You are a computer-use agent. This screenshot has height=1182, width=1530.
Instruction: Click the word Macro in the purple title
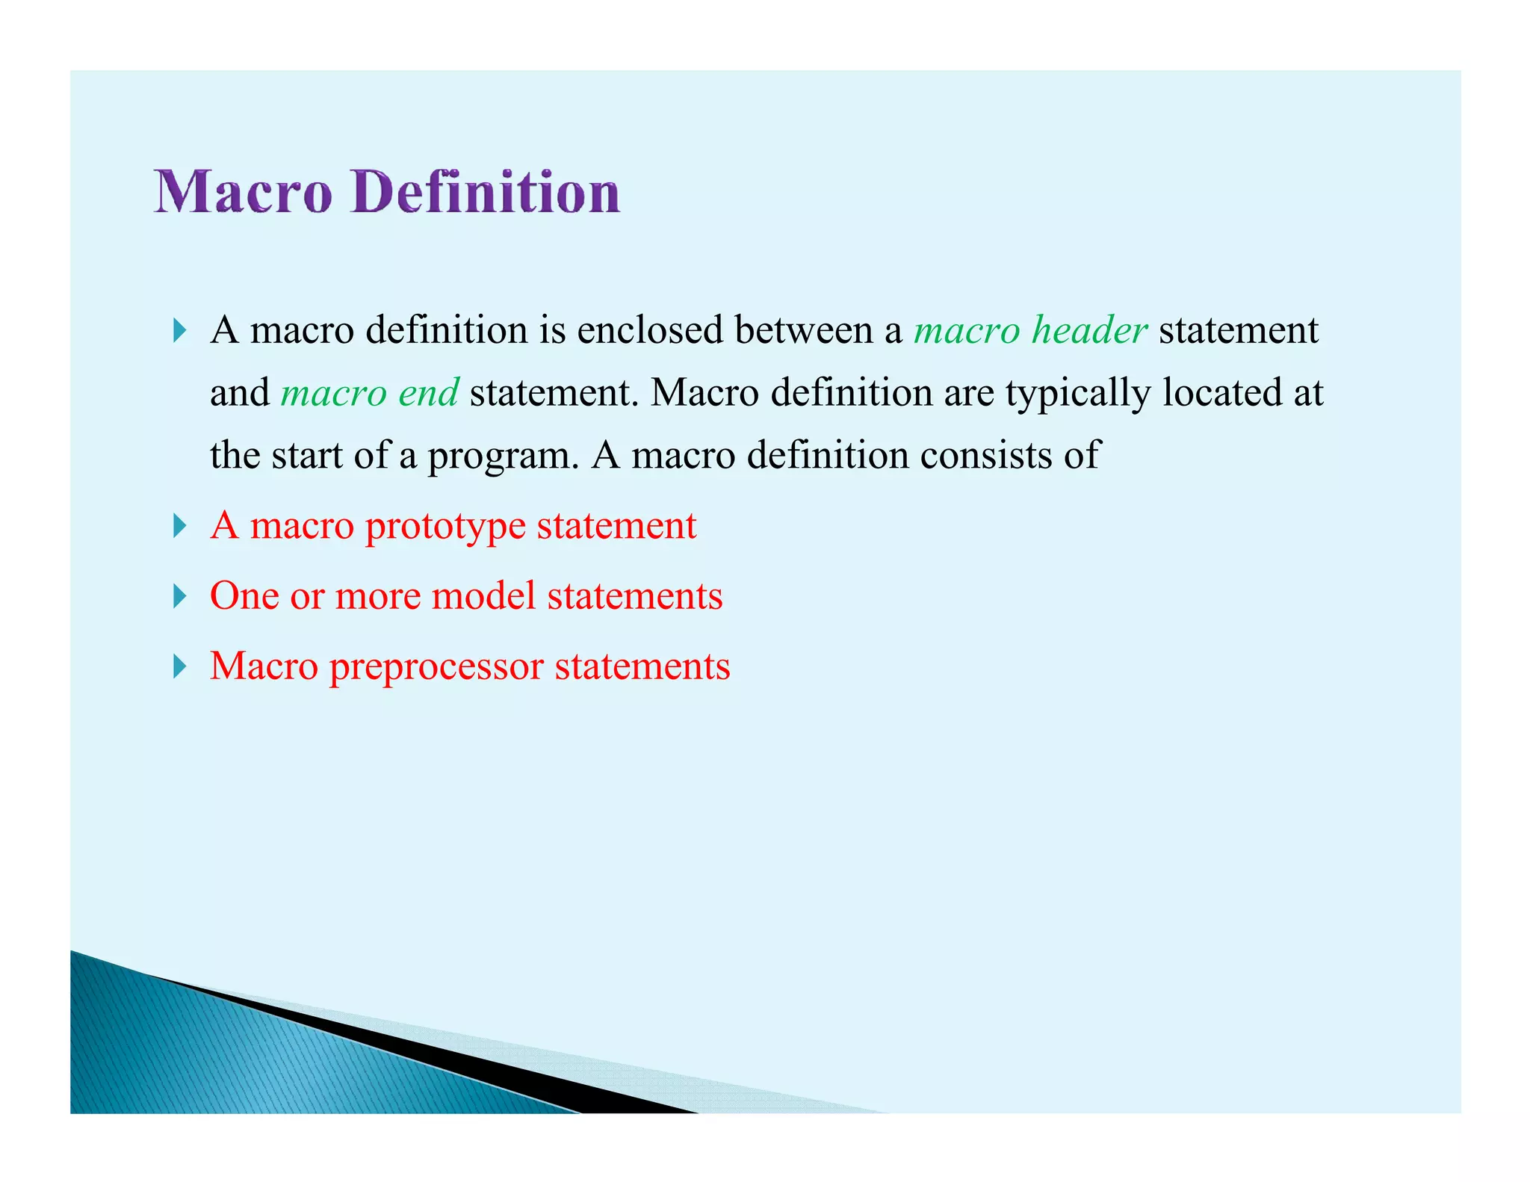(x=243, y=192)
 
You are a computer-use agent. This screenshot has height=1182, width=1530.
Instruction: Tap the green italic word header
(x=1089, y=330)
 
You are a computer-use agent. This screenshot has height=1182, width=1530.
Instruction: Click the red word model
(x=483, y=596)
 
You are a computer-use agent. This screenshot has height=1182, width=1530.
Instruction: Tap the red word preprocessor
(x=436, y=667)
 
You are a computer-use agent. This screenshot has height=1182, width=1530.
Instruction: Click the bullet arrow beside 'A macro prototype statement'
(x=179, y=526)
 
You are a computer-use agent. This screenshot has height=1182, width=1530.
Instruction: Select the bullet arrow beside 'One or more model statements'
(x=179, y=596)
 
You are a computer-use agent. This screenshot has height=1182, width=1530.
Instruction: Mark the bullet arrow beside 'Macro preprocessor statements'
(x=179, y=666)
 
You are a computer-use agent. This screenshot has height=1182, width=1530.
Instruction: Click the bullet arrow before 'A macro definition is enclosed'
(x=179, y=330)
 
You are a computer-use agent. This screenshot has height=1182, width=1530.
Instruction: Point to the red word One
(x=244, y=596)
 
